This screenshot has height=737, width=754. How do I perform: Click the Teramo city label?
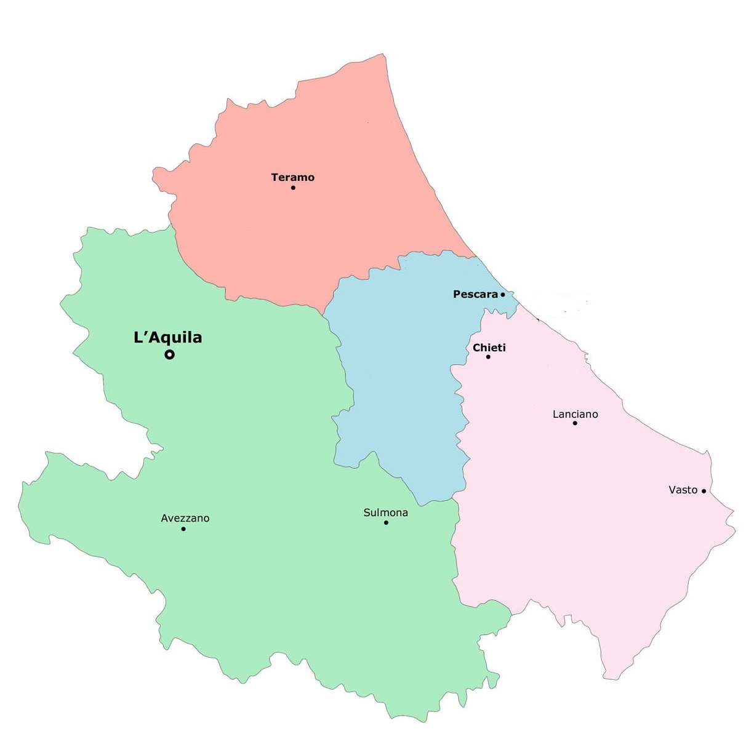[x=292, y=177]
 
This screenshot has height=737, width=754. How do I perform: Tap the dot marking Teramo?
[x=293, y=187]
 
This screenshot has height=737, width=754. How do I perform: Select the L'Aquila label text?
[x=167, y=337]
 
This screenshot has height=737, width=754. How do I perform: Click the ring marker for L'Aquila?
[x=169, y=354]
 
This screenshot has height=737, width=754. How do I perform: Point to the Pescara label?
[x=475, y=294]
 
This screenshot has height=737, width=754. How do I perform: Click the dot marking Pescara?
[x=503, y=295]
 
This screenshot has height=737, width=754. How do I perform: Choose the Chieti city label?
[x=489, y=348]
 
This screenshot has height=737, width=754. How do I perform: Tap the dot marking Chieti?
[x=488, y=357]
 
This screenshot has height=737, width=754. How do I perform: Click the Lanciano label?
[x=575, y=414]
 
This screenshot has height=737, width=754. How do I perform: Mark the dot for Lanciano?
[x=575, y=423]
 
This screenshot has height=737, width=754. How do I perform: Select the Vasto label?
[x=683, y=490]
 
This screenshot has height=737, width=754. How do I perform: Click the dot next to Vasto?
[x=704, y=491]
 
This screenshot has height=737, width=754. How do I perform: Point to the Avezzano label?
[x=185, y=518]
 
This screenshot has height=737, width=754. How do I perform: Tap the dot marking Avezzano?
[x=183, y=528]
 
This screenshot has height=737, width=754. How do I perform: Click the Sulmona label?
[x=385, y=512]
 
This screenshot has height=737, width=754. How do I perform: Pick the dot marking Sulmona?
[x=386, y=523]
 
